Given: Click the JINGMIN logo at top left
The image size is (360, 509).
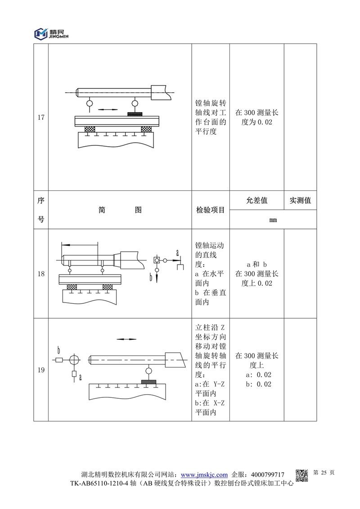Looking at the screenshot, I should pyautogui.click(x=50, y=33).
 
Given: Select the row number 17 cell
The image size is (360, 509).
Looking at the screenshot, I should pyautogui.click(x=41, y=118).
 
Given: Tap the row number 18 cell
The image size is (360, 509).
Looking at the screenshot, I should pyautogui.click(x=41, y=274).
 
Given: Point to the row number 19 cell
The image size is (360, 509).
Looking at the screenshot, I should pyautogui.click(x=41, y=370).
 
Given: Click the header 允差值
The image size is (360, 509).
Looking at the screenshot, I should pyautogui.click(x=256, y=200).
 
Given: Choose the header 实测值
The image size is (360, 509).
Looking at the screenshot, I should pyautogui.click(x=300, y=200).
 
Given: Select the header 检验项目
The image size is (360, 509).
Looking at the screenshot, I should pyautogui.click(x=210, y=210).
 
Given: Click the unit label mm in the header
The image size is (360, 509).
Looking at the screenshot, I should pyautogui.click(x=273, y=220).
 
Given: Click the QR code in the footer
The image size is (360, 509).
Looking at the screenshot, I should pyautogui.click(x=301, y=475).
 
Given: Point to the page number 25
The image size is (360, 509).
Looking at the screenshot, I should pyautogui.click(x=324, y=473).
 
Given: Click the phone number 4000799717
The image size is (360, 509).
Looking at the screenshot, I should pyautogui.click(x=267, y=475).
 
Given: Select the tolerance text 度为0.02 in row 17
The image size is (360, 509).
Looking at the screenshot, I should pyautogui.click(x=257, y=122).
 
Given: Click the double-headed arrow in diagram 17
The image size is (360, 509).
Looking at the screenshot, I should pyautogui.click(x=108, y=109).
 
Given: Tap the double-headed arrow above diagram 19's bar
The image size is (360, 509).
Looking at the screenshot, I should pyautogui.click(x=126, y=339).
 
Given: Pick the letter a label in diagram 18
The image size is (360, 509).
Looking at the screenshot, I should pyautogui.click(x=177, y=252).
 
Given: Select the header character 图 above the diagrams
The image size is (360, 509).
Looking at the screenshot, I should pyautogui.click(x=138, y=210).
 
